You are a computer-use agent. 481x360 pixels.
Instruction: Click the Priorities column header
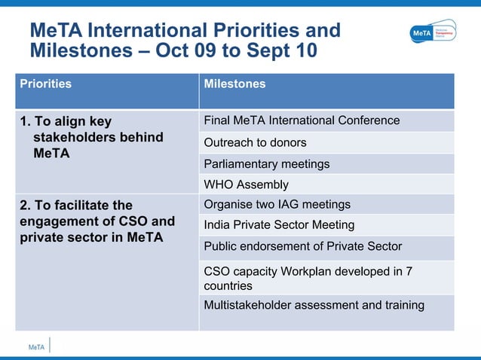click(x=45, y=84)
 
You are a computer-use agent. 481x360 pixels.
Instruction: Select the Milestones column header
click(x=234, y=84)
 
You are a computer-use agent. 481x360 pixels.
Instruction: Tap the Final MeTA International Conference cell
click(x=302, y=121)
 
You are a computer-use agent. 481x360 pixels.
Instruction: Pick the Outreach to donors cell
click(x=255, y=142)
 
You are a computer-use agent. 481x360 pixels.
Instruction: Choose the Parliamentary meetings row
click(x=266, y=163)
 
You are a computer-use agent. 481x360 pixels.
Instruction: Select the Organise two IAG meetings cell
click(x=277, y=204)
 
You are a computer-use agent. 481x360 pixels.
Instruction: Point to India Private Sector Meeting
click(x=279, y=224)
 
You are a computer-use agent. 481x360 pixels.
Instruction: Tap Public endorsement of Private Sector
click(x=302, y=246)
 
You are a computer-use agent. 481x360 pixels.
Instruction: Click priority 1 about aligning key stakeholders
click(x=91, y=137)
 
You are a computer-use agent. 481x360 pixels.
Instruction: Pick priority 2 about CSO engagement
click(x=97, y=221)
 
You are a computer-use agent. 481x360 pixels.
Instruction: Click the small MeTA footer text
click(x=36, y=347)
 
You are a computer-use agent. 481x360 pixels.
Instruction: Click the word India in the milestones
click(x=217, y=224)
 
